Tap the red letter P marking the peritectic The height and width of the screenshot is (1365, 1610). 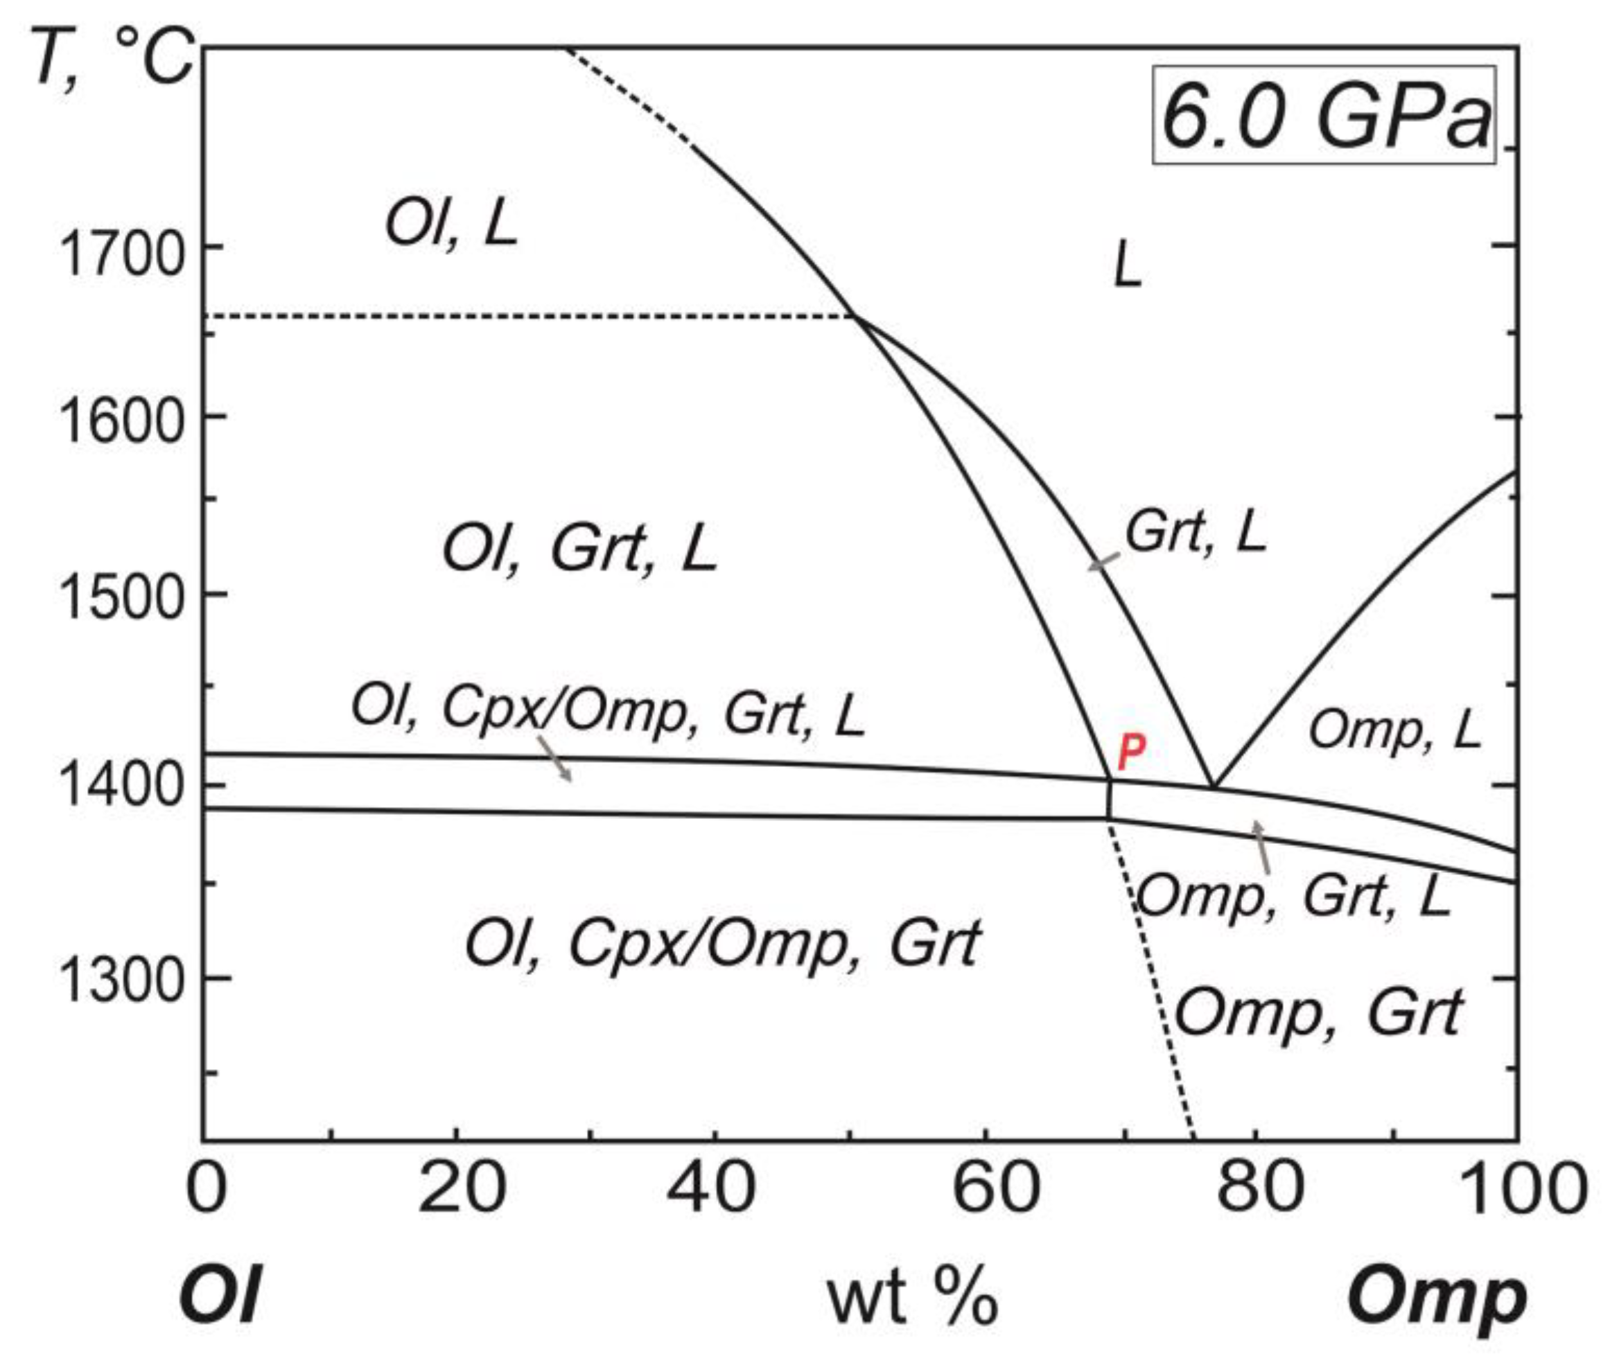coord(1132,750)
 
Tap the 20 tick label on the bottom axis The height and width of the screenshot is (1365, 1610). coord(462,1188)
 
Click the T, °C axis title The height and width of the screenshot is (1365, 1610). coord(112,58)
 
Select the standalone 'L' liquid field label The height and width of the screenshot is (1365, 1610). coord(1128,265)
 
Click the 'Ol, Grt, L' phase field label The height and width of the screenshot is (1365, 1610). coord(579,550)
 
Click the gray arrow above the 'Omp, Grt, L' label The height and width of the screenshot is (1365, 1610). coord(1261,847)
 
